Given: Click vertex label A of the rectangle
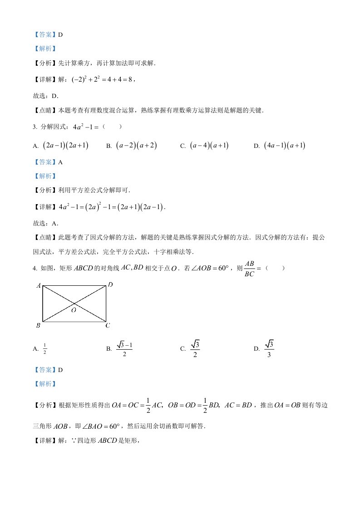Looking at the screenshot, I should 39,286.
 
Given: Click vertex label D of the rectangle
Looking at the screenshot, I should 110,285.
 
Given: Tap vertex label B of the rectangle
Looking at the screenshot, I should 39,325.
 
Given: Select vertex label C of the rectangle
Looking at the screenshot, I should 108,325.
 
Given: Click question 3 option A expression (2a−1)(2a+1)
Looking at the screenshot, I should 65,146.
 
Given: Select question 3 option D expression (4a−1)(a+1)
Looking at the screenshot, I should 285,146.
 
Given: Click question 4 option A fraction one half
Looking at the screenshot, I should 45,348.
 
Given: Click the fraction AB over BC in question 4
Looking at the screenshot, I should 250,269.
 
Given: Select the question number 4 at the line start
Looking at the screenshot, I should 35,269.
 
